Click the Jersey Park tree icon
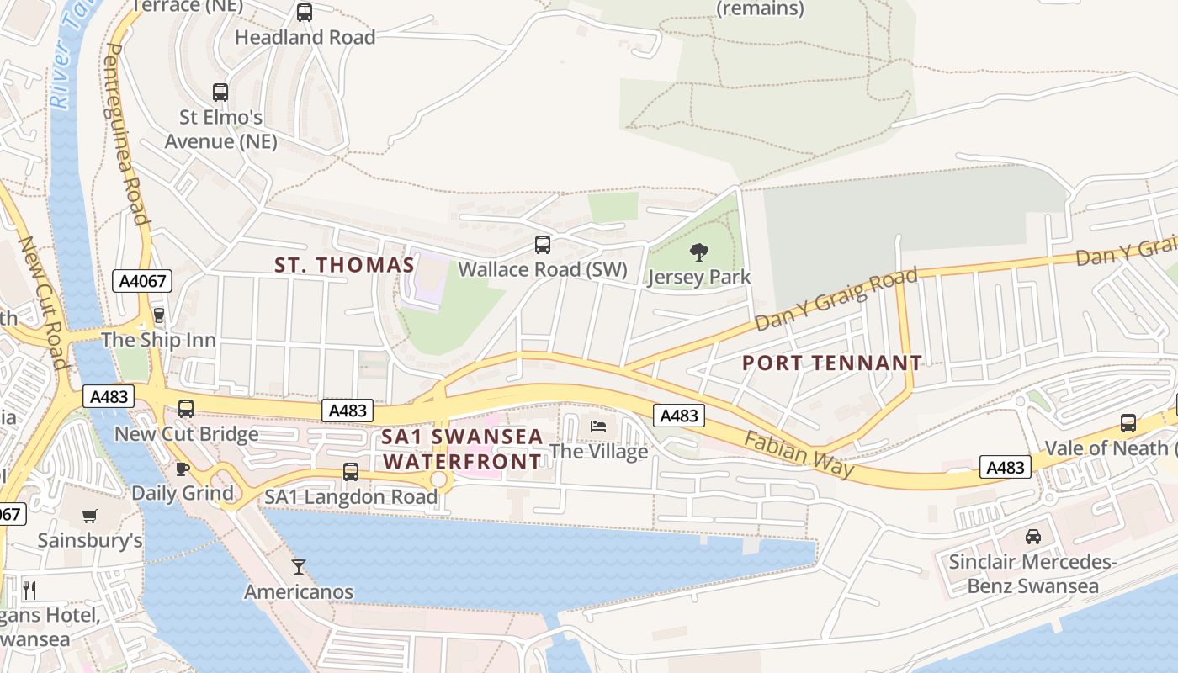(698, 251)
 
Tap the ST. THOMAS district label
(345, 265)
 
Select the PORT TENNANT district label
(832, 363)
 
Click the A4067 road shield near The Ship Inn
(142, 281)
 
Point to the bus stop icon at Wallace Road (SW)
(543, 245)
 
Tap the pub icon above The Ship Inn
(157, 316)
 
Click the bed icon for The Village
(598, 426)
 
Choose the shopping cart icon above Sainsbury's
(90, 516)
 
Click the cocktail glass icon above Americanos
(299, 566)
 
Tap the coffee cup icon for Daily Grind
(182, 469)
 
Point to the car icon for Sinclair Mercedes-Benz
(1032, 536)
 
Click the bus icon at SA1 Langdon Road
(351, 472)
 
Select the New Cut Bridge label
(187, 434)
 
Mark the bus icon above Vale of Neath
(1128, 422)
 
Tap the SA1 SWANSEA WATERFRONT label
(461, 449)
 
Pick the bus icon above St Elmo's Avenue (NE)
(220, 93)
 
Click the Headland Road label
(305, 37)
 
